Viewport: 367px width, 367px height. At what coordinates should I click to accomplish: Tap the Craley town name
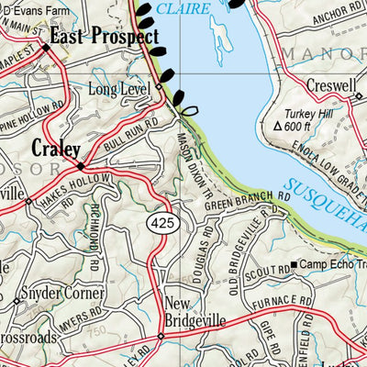[x=56, y=148]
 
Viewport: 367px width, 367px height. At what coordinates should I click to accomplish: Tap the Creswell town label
[x=332, y=84]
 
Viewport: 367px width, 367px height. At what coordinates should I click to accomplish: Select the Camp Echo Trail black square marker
[x=293, y=266]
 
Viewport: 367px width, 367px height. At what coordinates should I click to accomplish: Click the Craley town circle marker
[x=81, y=167]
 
